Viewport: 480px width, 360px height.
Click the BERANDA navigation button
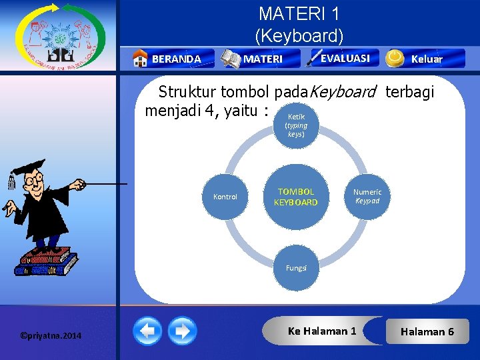click(174, 59)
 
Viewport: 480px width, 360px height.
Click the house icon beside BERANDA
click(140, 59)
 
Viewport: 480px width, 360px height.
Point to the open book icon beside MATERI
click(231, 59)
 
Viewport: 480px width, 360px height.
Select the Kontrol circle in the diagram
click(225, 197)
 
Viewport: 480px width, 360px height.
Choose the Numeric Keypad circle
click(367, 197)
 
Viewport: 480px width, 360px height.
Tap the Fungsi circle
click(296, 268)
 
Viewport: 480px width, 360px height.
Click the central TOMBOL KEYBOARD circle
click(296, 197)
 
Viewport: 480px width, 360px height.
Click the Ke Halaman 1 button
click(322, 331)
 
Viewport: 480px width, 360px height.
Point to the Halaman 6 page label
click(427, 332)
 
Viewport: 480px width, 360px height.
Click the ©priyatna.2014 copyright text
click(51, 335)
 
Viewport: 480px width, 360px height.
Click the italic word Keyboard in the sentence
click(343, 92)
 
